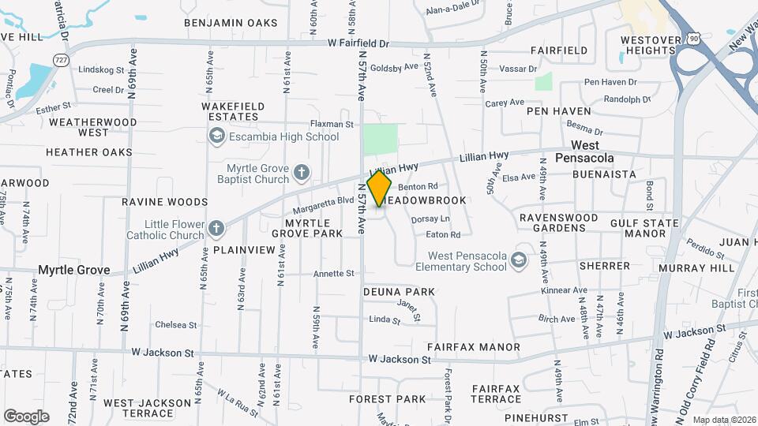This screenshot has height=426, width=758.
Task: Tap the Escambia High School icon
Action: coord(216,136)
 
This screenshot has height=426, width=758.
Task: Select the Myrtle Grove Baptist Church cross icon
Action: coord(300,173)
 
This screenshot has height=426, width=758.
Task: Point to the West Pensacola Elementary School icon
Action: coord(518,260)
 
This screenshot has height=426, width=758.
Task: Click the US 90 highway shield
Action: coord(692,38)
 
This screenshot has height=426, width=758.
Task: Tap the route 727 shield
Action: coord(61,59)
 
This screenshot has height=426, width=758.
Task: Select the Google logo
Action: coord(26,416)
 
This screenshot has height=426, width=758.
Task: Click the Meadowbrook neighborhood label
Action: coord(426,200)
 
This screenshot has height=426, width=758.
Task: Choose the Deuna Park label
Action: coord(399,292)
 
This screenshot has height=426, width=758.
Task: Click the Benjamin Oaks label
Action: coord(231,23)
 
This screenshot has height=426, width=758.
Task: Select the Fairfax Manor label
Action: coord(473,347)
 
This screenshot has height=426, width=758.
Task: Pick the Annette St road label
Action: coord(333,274)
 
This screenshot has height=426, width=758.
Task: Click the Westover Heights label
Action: coord(648,44)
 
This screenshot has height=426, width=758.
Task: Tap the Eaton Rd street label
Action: coord(442,234)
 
